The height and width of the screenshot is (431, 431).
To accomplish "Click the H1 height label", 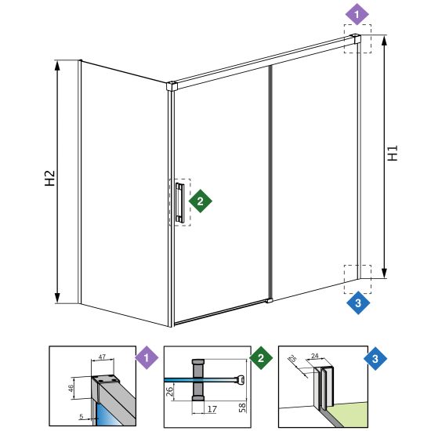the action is click(393, 153).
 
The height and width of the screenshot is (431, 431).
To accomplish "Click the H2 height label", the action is click(49, 178).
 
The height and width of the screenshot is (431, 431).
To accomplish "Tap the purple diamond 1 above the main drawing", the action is click(357, 14).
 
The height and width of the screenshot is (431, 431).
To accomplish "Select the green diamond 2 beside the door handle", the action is click(200, 201).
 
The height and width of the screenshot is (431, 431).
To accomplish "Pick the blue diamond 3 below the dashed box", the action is click(358, 303).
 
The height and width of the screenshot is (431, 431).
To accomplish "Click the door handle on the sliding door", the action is click(179, 202).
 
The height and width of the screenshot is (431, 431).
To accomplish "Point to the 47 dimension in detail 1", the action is click(102, 357).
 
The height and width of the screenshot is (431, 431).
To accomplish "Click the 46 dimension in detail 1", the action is click(71, 388).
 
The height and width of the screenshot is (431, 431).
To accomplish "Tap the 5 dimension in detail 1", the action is click(81, 416).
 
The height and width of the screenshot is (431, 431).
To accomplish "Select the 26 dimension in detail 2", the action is click(170, 391).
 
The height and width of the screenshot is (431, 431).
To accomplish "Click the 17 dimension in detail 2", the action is click(212, 409).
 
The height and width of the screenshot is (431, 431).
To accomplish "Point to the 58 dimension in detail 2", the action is click(242, 407).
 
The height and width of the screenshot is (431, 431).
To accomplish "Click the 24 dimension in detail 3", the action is click(315, 356).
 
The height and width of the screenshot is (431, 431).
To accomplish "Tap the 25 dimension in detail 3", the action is click(293, 358).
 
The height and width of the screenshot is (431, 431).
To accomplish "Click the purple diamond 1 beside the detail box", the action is click(147, 357).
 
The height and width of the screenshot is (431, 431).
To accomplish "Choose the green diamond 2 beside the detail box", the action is click(261, 357).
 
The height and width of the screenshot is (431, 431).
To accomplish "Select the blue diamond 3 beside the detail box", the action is click(375, 358).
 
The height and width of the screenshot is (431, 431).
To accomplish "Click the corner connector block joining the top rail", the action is click(172, 85).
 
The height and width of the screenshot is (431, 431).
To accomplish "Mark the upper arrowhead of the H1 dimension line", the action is click(384, 40).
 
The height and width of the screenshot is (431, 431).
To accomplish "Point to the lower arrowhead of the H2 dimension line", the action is click(57, 298).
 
